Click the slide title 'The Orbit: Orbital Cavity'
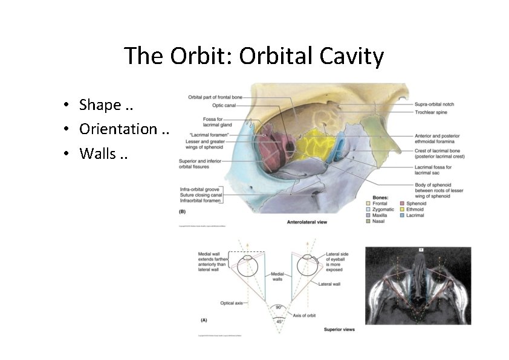[x=254, y=56]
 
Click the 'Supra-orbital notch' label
[x=435, y=104]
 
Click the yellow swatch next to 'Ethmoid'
[x=401, y=210]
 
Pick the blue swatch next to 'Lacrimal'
[x=401, y=216]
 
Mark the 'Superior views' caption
[x=339, y=329]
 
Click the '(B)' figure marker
[x=183, y=212]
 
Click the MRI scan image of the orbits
[x=418, y=286]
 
